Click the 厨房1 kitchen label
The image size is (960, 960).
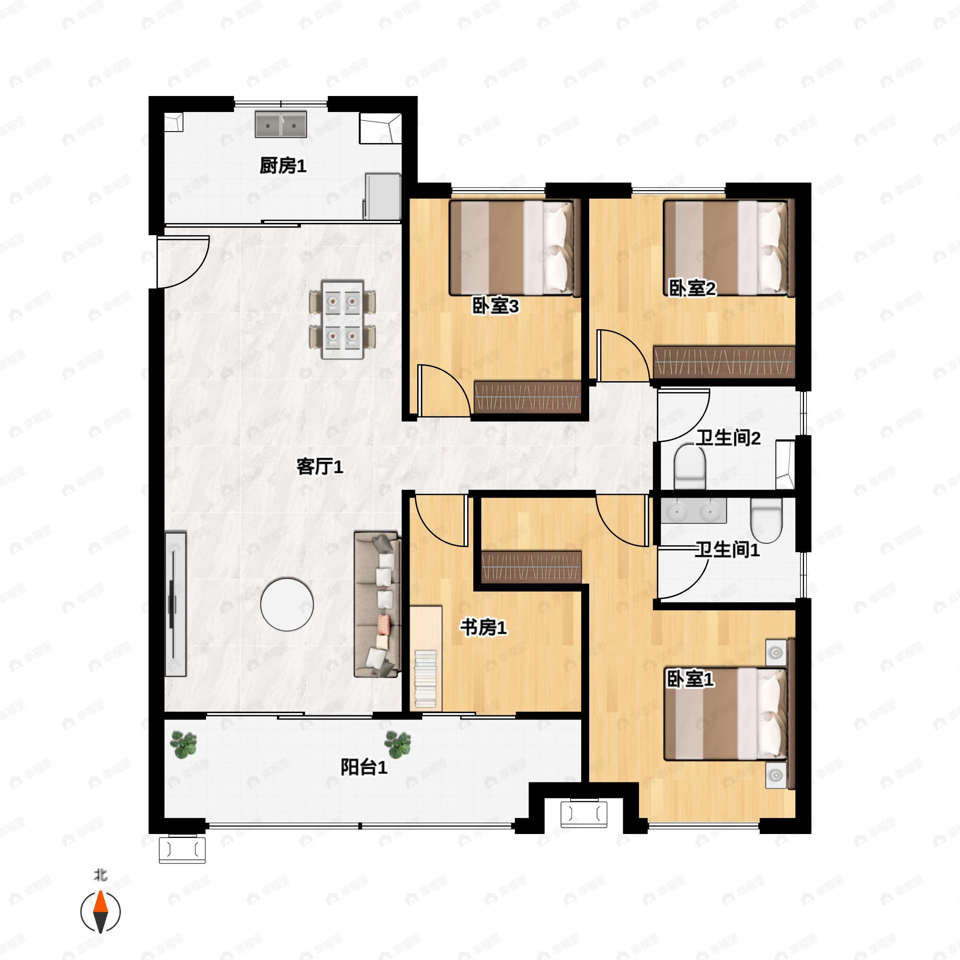coord(283,166)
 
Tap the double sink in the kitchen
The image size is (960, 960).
coord(281,124)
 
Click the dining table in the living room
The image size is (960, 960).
coord(342,319)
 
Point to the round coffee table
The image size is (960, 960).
coord(287,604)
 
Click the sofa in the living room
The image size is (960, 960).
coord(377,604)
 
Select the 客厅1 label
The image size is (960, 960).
coord(320,466)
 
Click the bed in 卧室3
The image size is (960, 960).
coord(515,248)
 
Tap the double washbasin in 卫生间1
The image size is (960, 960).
coord(693,511)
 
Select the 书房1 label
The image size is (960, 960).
coord(483,628)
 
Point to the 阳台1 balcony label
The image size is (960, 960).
coord(364,767)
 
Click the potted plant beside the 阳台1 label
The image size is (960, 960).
coord(398,744)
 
